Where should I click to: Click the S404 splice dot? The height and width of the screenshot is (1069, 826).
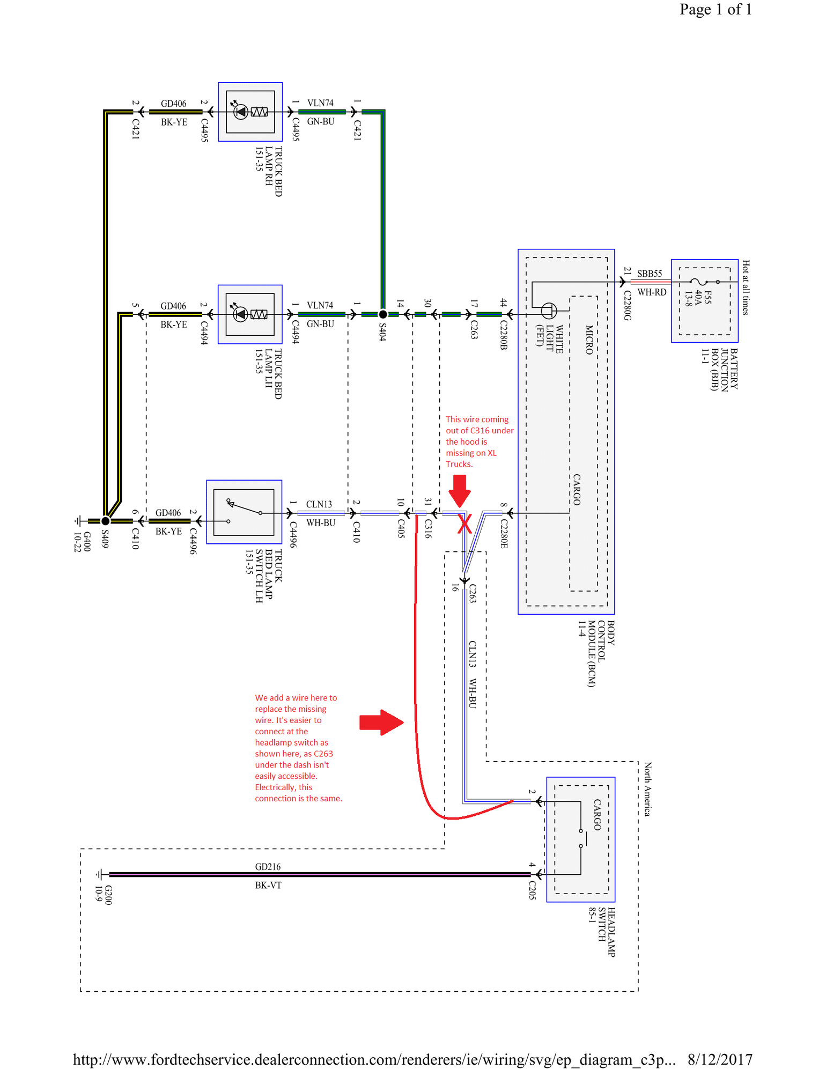click(x=382, y=314)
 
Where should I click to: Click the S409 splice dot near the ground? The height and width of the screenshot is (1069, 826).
click(x=106, y=521)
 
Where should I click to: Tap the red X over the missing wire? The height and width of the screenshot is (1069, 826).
click(x=464, y=524)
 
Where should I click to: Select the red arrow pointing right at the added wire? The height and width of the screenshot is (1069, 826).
click(x=381, y=723)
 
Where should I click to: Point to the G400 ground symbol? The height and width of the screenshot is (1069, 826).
click(x=79, y=521)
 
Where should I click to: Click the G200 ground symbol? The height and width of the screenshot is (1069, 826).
click(x=100, y=874)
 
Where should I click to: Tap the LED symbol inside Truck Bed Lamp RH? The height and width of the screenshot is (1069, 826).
click(x=240, y=112)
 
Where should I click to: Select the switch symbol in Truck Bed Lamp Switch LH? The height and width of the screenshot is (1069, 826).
click(x=244, y=512)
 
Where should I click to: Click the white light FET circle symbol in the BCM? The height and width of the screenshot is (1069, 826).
click(x=549, y=310)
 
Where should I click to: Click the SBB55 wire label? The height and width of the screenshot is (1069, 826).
click(x=650, y=274)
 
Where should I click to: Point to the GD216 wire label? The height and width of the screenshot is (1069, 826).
click(x=268, y=867)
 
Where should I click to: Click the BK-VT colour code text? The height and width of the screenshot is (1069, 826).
click(x=268, y=885)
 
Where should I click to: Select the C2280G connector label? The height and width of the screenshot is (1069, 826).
click(x=627, y=306)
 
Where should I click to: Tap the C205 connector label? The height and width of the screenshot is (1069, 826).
click(x=532, y=890)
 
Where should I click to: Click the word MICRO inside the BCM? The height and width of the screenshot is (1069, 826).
click(x=589, y=340)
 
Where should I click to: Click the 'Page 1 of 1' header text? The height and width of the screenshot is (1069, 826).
click(x=716, y=9)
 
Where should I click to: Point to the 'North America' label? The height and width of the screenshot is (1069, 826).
click(x=647, y=788)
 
